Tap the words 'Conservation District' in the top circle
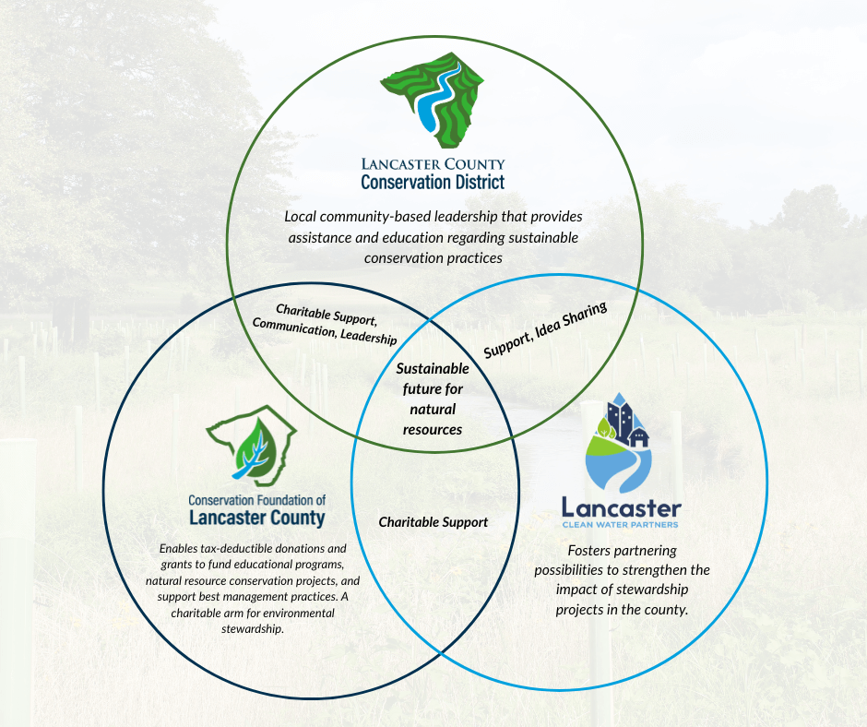pyautogui.click(x=433, y=182)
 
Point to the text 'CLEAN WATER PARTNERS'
pyautogui.click(x=621, y=524)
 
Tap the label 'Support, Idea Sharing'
pyautogui.click(x=545, y=330)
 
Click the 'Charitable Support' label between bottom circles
pyautogui.click(x=433, y=522)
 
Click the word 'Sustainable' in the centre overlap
pyautogui.click(x=433, y=368)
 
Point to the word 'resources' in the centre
pyautogui.click(x=433, y=429)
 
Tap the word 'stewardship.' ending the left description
pyautogui.click(x=253, y=629)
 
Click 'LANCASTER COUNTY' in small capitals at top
pyautogui.click(x=433, y=164)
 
